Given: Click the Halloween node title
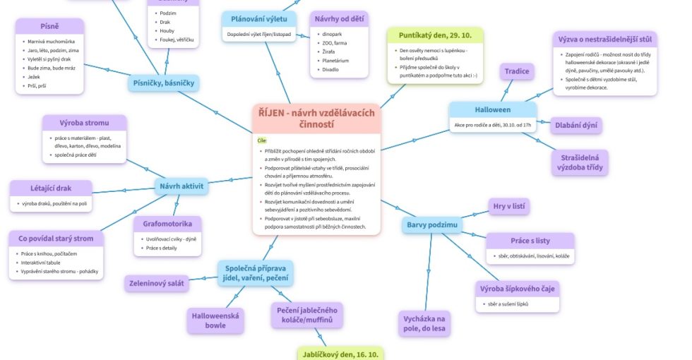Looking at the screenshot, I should pyautogui.click(x=492, y=110).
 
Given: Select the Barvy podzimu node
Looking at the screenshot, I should pyautogui.click(x=431, y=225).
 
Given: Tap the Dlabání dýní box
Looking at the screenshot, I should pyautogui.click(x=575, y=126).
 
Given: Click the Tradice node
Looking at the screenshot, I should pyautogui.click(x=517, y=71).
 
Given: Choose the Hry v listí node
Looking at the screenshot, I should pyautogui.click(x=509, y=206).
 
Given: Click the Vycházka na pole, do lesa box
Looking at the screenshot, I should pyautogui.click(x=424, y=323).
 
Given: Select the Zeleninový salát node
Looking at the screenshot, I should pyautogui.click(x=157, y=284).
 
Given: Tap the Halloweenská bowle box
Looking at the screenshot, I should pyautogui.click(x=215, y=320).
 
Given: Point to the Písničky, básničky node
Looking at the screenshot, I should pyautogui.click(x=164, y=83).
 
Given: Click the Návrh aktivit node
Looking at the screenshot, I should pyautogui.click(x=181, y=186).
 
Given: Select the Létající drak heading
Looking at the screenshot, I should pyautogui.click(x=50, y=188).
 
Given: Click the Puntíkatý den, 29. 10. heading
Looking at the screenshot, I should pyautogui.click(x=435, y=35).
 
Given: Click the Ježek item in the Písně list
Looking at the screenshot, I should pyautogui.click(x=34, y=76).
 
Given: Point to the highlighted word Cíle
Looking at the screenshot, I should pyautogui.click(x=263, y=140).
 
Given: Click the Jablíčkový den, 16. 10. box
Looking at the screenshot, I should pyautogui.click(x=340, y=354).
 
